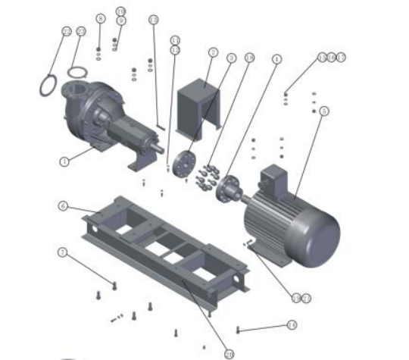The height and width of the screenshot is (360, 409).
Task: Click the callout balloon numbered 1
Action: tap(64, 161)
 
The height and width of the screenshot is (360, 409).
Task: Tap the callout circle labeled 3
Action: tap(232, 58)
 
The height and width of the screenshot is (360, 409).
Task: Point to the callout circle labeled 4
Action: tap(277, 58)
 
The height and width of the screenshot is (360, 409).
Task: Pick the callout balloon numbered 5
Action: tap(323, 111)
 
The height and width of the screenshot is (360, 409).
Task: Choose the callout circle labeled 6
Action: tap(63, 205)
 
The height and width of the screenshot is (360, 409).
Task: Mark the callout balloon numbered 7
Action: tap(63, 252)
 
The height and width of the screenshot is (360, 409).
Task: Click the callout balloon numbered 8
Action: tap(100, 18)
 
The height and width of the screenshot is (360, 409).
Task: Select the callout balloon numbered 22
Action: tap(67, 31)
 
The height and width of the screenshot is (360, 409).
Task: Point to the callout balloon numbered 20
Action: tap(229, 353)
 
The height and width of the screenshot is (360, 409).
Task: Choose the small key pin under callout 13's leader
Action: tap(161, 127)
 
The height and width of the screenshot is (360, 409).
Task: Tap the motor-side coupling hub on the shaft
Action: tap(226, 187)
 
